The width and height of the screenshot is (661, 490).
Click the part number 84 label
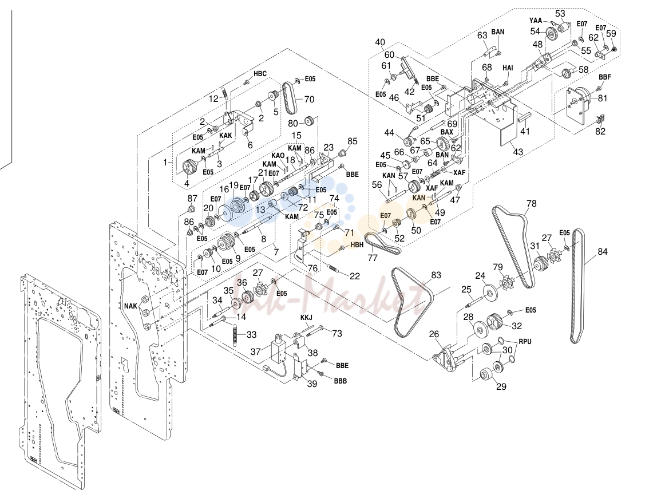point(603,252)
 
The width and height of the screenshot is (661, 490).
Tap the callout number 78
point(531,204)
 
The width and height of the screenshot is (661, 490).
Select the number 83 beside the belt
point(436,275)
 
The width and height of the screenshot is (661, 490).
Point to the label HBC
point(260,74)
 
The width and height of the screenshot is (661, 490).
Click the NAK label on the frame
point(131,306)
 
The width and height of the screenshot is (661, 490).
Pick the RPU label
point(525,342)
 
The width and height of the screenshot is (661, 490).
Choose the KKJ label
point(306,317)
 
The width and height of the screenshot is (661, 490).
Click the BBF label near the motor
point(604,77)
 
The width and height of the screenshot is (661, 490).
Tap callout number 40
point(380,42)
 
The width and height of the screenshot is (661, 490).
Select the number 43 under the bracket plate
point(518,152)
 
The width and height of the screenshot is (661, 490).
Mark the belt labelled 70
point(290,97)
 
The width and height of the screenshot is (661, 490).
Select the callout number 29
point(501,386)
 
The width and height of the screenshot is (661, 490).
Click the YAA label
point(535,20)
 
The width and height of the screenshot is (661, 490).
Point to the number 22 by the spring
point(355,276)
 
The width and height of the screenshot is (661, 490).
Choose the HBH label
point(357,245)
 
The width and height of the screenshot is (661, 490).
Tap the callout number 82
point(600,131)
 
